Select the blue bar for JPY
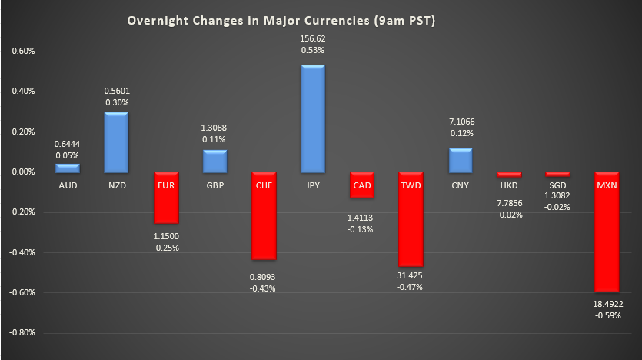click(312, 118)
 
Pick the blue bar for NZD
click(116, 142)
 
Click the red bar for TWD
click(411, 219)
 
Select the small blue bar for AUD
click(67, 168)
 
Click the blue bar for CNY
click(460, 160)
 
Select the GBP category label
click(214, 186)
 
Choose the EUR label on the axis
click(165, 186)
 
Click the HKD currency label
click(508, 186)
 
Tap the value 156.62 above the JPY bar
click(312, 36)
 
